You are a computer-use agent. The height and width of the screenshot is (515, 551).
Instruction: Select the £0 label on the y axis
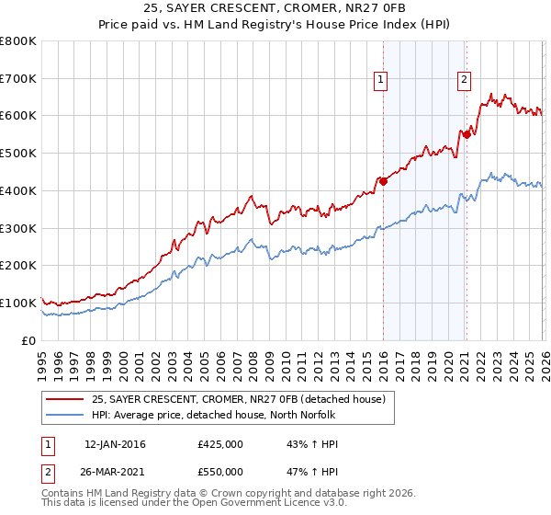pyautogui.click(x=29, y=340)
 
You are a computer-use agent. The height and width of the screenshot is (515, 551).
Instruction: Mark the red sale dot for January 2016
pyautogui.click(x=383, y=181)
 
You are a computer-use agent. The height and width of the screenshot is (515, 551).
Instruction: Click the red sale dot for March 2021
pyautogui.click(x=467, y=134)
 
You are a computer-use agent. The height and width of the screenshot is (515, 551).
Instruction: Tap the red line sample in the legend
pyautogui.click(x=65, y=399)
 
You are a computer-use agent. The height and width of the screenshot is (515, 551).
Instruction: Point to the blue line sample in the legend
pyautogui.click(x=65, y=415)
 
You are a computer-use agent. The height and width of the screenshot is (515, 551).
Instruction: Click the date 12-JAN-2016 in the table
pyautogui.click(x=115, y=444)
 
